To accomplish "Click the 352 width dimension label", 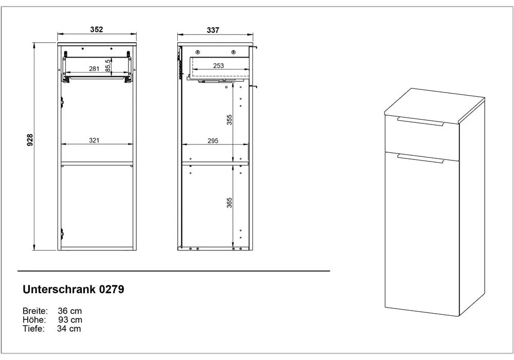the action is pyautogui.click(x=97, y=29).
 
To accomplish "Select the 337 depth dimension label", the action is pyautogui.click(x=213, y=30).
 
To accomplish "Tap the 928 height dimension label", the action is pyautogui.click(x=30, y=140).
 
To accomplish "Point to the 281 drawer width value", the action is pyautogui.click(x=94, y=68).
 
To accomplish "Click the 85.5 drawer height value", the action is pyautogui.click(x=108, y=66).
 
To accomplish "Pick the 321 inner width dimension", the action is pyautogui.click(x=94, y=140).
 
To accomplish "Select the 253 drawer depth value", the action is pyautogui.click(x=218, y=66).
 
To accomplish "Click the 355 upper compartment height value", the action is pyautogui.click(x=229, y=120).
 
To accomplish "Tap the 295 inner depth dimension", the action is pyautogui.click(x=213, y=140).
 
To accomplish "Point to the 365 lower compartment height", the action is pyautogui.click(x=229, y=203).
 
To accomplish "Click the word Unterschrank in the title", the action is pyautogui.click(x=59, y=289).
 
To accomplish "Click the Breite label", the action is pyautogui.click(x=35, y=311).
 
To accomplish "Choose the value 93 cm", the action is pyautogui.click(x=70, y=320).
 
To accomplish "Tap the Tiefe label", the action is pyautogui.click(x=33, y=329).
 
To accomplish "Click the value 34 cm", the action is pyautogui.click(x=69, y=329).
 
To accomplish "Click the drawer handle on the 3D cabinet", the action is pyautogui.click(x=420, y=121).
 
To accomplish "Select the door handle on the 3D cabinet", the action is pyautogui.click(x=420, y=158).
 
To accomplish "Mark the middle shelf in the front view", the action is pyautogui.click(x=97, y=163).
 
